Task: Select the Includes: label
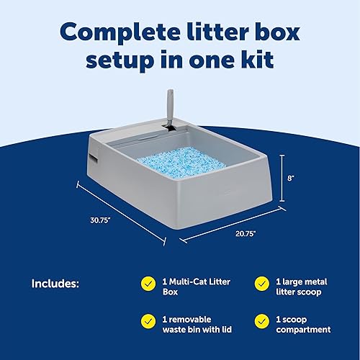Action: tap(58, 284)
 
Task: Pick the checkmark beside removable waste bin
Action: tap(148, 320)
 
